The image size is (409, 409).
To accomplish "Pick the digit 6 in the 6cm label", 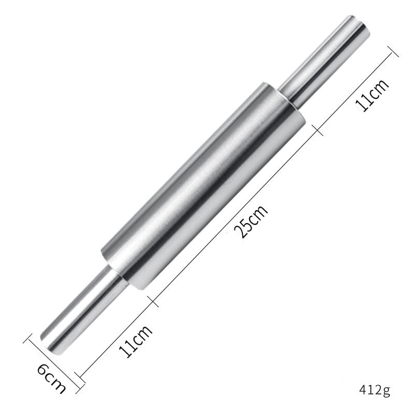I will point(43,371).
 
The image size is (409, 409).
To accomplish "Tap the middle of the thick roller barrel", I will point(202,184).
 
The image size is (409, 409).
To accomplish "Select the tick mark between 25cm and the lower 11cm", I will point(150,299).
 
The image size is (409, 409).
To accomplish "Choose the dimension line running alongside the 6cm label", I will point(54,362).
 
